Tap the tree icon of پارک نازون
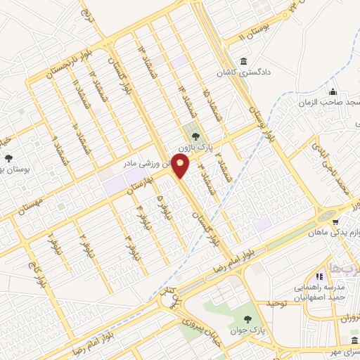click(x=195, y=137)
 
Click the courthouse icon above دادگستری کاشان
click(x=243, y=60)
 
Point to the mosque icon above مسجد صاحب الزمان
click(x=333, y=93)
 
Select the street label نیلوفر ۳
click(x=129, y=243)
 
